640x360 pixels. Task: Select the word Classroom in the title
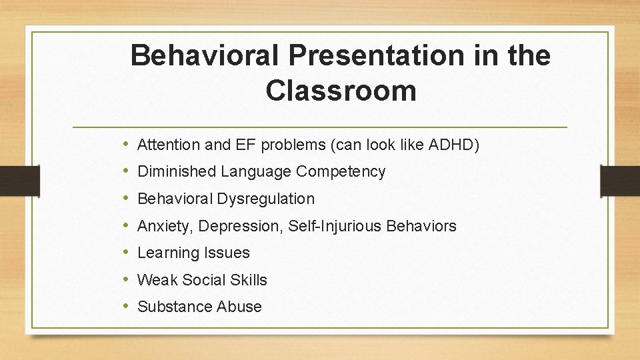341,90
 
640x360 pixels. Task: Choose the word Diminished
177,171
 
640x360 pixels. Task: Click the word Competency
341,172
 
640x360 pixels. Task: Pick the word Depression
232,227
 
